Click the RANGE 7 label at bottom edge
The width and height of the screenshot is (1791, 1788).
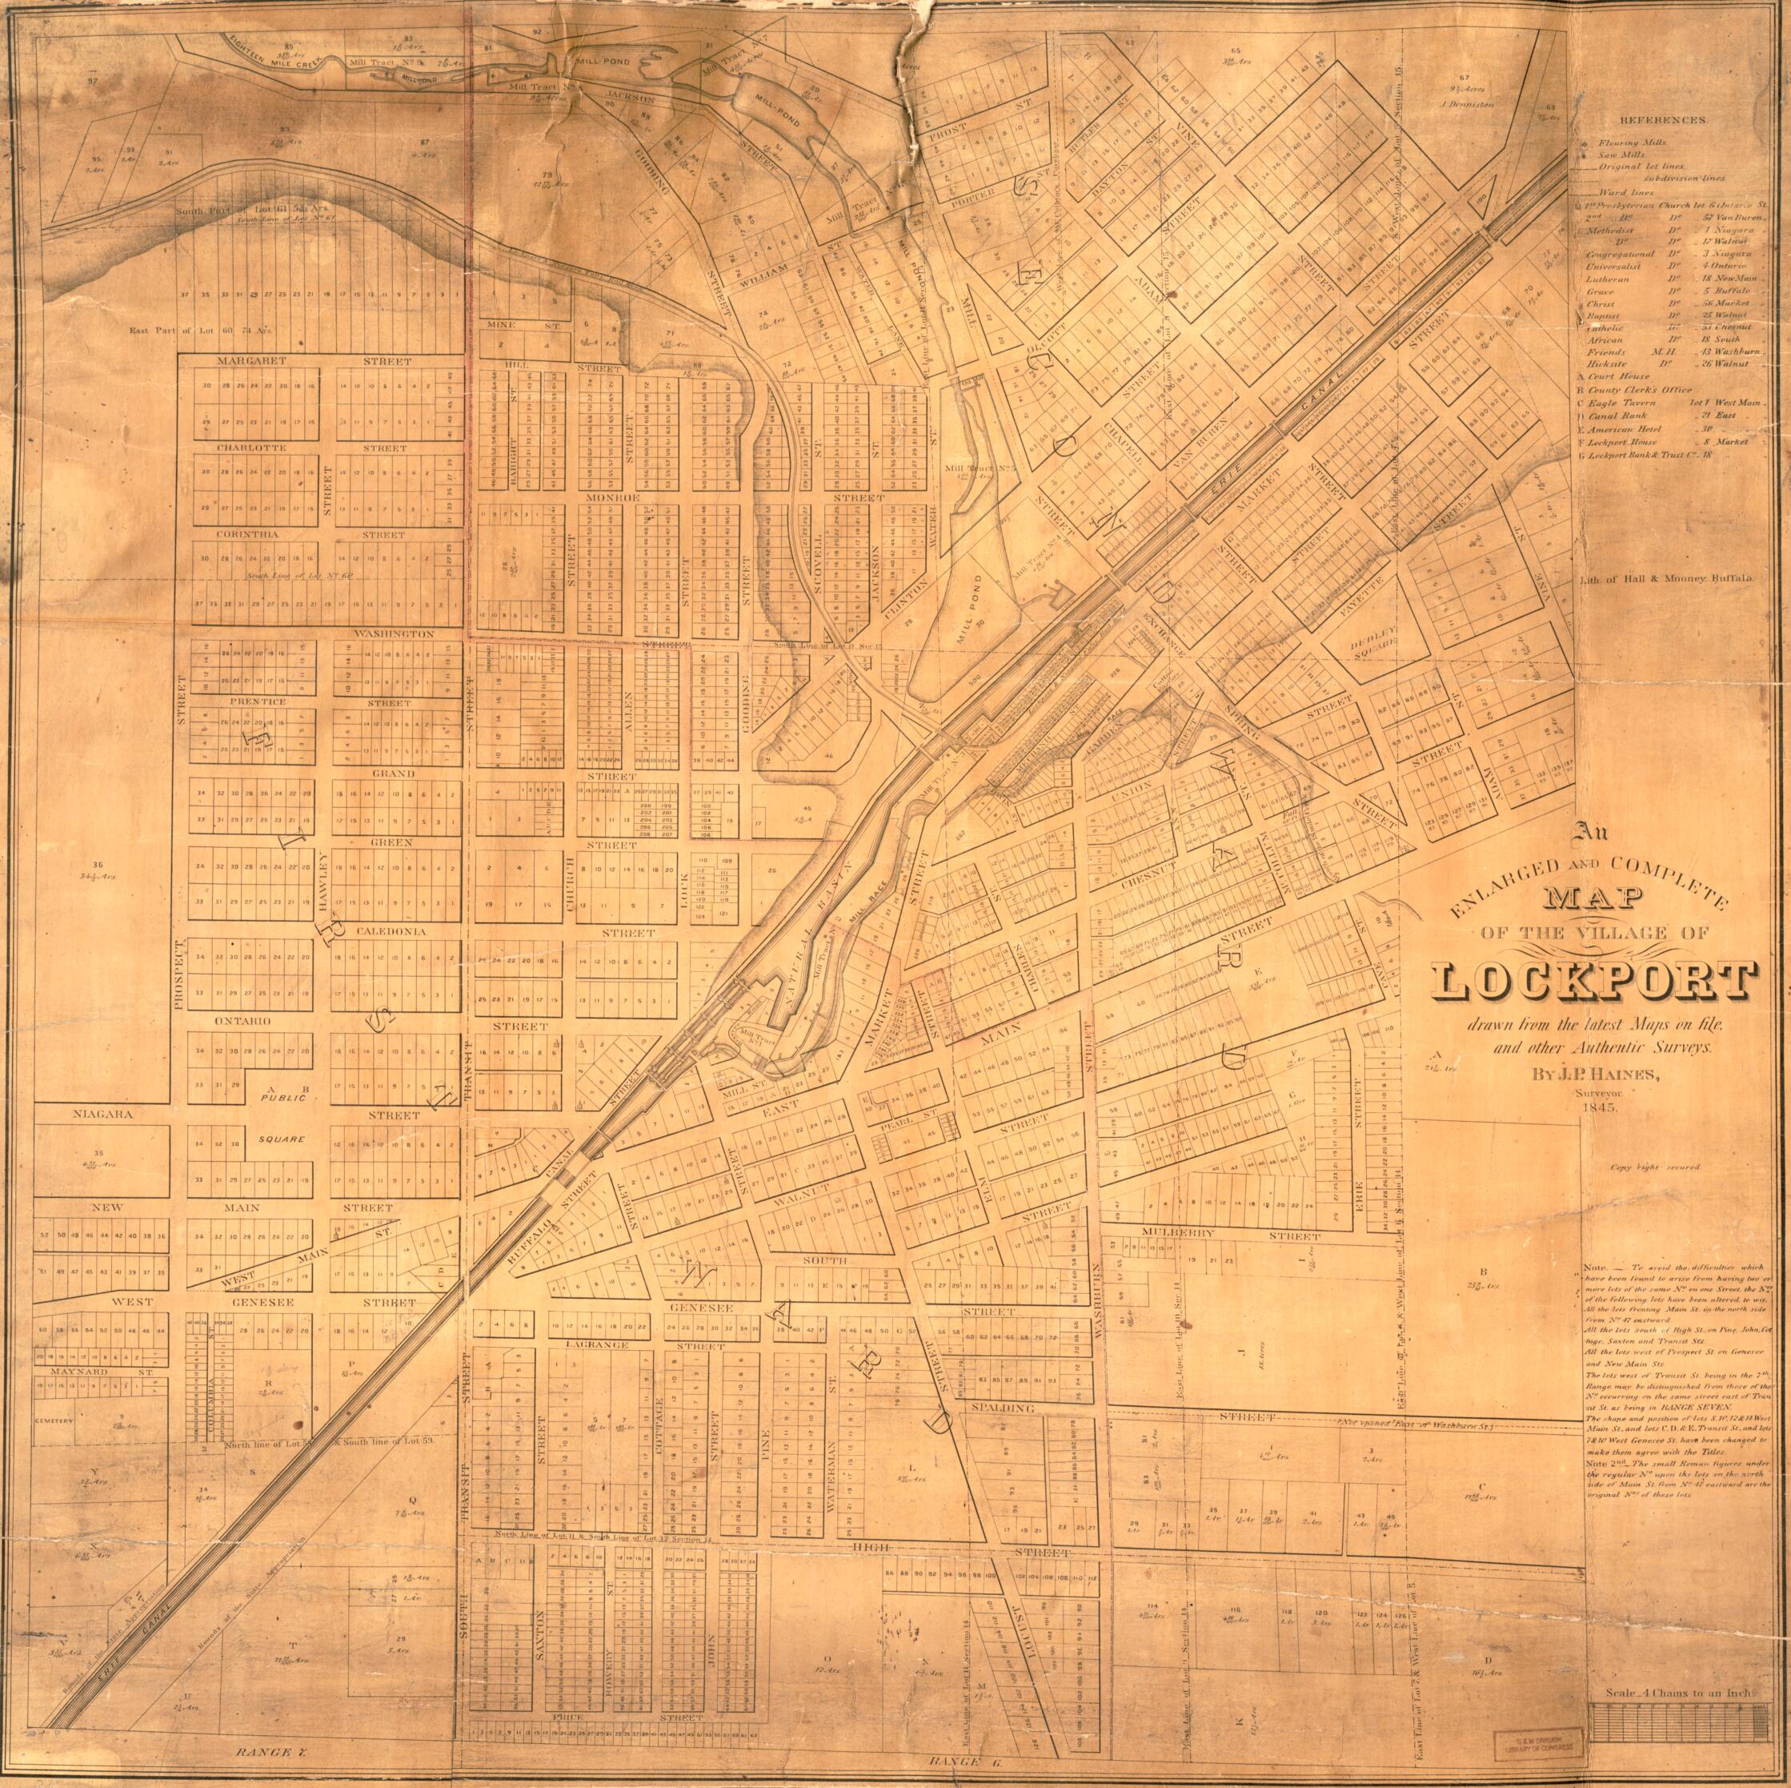pyautogui.click(x=264, y=1749)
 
